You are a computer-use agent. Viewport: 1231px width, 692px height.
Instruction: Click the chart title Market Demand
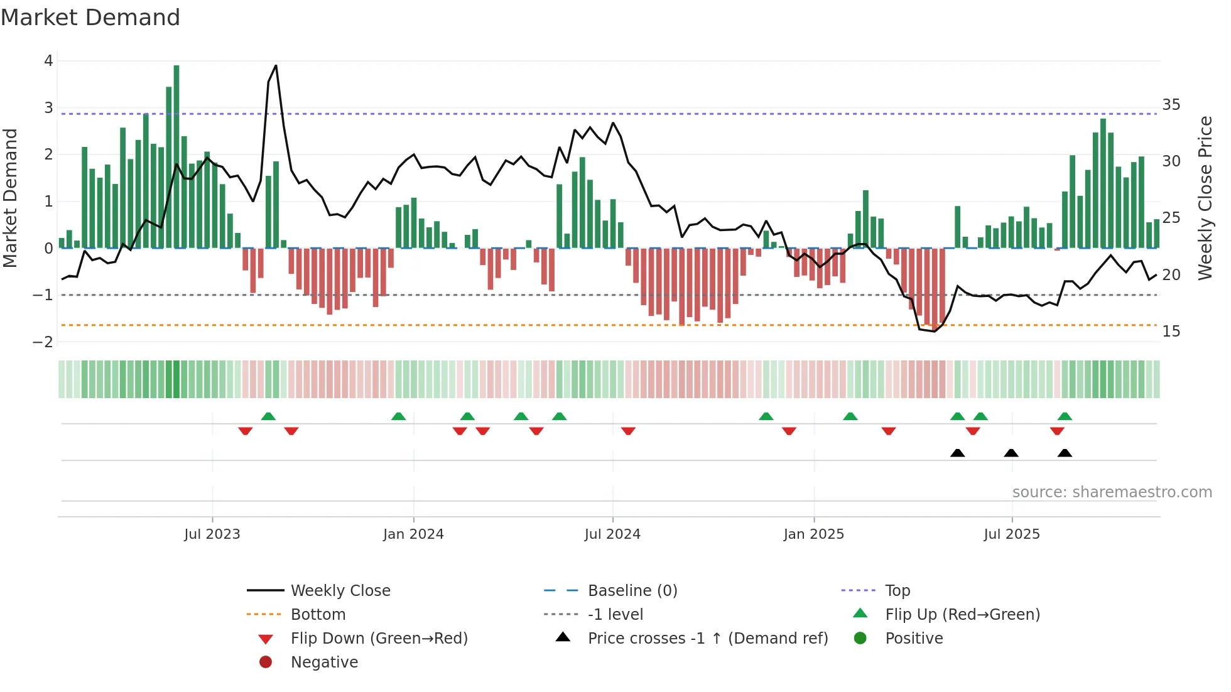pos(90,18)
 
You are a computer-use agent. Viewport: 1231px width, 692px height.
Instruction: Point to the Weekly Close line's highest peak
pos(276,66)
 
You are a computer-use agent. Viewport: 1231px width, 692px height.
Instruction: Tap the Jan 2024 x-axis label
pos(413,534)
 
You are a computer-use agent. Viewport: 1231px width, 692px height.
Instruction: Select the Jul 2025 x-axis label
pos(1012,534)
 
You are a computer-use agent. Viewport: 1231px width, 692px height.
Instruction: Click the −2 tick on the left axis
pos(43,342)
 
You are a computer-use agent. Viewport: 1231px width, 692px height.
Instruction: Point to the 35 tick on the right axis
pos(1171,105)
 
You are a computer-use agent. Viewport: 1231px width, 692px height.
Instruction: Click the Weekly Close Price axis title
pos(1205,198)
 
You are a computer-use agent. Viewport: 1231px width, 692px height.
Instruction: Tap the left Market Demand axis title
pos(11,198)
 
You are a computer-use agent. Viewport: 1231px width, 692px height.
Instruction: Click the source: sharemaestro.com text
pos(1112,492)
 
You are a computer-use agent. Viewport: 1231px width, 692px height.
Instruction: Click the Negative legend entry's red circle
pos(266,662)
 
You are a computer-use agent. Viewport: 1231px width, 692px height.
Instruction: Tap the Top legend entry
pos(897,591)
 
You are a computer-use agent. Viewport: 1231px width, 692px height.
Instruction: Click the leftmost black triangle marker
pos(957,453)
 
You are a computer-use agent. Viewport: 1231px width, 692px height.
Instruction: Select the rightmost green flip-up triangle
pos(1065,416)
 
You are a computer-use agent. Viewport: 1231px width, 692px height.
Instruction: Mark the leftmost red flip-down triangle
pos(246,431)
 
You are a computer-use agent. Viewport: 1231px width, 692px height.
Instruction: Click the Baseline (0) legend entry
pos(632,591)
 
